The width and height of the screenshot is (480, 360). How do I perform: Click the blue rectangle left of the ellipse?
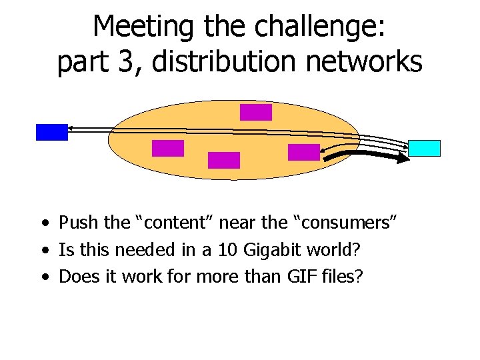51,132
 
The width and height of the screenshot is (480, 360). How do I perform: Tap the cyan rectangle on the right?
424,148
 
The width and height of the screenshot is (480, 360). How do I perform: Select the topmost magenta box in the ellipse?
256,112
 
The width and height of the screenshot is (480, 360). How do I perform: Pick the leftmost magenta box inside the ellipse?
167,148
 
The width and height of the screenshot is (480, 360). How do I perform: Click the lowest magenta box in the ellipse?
223,160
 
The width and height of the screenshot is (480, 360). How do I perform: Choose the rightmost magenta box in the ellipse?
304,152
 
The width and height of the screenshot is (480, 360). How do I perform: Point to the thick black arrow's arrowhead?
403,159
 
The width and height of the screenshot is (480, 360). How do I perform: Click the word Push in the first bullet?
73,223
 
